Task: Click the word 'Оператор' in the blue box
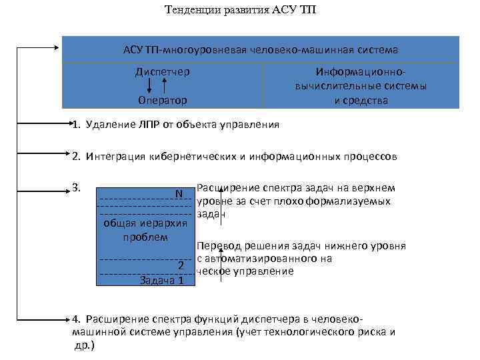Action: click(x=162, y=100)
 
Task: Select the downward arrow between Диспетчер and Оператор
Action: click(x=149, y=85)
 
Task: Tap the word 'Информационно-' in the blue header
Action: click(x=361, y=71)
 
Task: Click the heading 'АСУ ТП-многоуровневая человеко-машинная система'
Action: click(x=261, y=50)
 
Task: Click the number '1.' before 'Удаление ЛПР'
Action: click(x=77, y=124)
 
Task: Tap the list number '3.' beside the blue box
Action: click(x=77, y=187)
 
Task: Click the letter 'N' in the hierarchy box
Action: click(x=179, y=193)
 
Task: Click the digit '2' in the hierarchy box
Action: click(x=180, y=265)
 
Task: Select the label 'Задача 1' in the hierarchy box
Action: click(x=162, y=280)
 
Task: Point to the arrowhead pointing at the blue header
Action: click(x=56, y=47)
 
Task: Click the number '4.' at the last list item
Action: click(x=77, y=319)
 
